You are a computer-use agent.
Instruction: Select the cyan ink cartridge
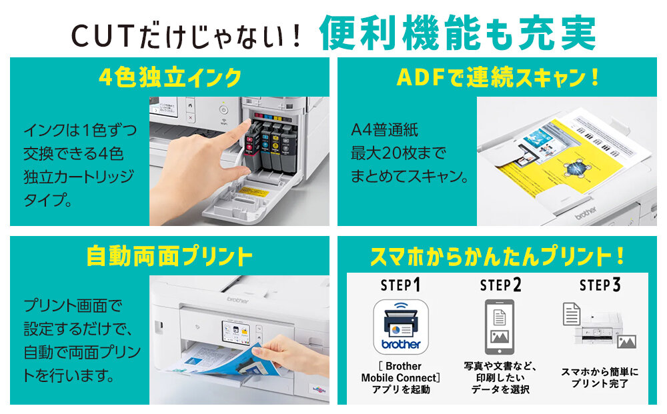point(266,147)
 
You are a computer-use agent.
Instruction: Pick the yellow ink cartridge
point(276,148)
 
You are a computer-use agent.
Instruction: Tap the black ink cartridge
point(287,149)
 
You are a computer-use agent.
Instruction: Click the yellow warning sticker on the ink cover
point(254,192)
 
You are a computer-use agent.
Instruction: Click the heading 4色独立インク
point(170,77)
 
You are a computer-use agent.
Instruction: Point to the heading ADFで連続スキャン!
point(498,77)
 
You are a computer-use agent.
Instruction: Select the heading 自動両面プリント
point(169,256)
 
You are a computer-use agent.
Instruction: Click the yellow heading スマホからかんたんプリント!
point(497,256)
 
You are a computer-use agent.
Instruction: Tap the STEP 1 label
point(400,285)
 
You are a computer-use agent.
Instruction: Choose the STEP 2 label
point(500,285)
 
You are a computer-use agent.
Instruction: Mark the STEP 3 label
point(600,285)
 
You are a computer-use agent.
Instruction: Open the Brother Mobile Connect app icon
point(401,327)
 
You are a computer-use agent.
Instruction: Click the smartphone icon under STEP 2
point(500,327)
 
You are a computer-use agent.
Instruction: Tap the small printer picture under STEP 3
point(598,329)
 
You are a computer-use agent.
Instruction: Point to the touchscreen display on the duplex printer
point(237,331)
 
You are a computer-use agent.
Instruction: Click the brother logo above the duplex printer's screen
point(237,300)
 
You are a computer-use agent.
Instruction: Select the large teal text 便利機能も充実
point(458,33)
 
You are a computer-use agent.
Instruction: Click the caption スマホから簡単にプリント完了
point(600,377)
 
